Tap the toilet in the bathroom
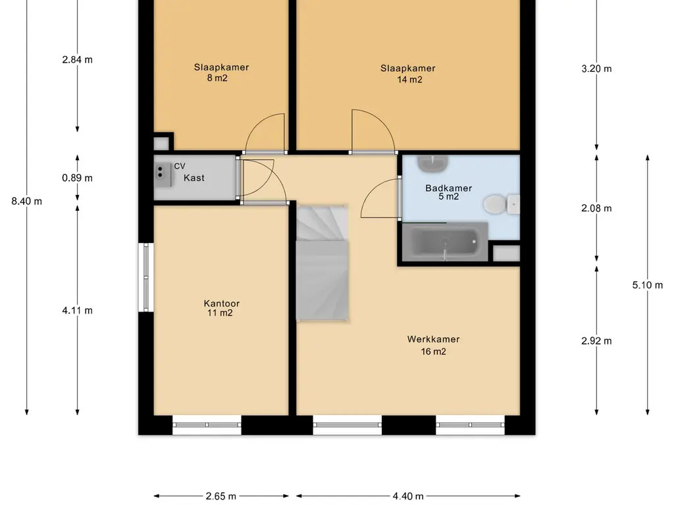pyautogui.click(x=501, y=204)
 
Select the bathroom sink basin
pyautogui.click(x=433, y=163)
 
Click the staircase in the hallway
pyautogui.click(x=322, y=263)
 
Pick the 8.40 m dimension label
pyautogui.click(x=26, y=201)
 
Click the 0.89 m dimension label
pyautogui.click(x=78, y=178)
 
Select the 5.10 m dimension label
pyautogui.click(x=648, y=285)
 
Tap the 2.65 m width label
pyautogui.click(x=221, y=496)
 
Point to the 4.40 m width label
pyautogui.click(x=408, y=496)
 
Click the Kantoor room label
pyautogui.click(x=221, y=303)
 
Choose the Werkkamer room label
pyautogui.click(x=433, y=339)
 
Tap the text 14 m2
pyautogui.click(x=409, y=80)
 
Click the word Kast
pyautogui.click(x=194, y=178)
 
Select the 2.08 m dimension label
pyautogui.click(x=596, y=208)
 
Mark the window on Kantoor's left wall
pyautogui.click(x=145, y=277)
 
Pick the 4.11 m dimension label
pyautogui.click(x=78, y=310)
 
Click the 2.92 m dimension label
pyautogui.click(x=596, y=341)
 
